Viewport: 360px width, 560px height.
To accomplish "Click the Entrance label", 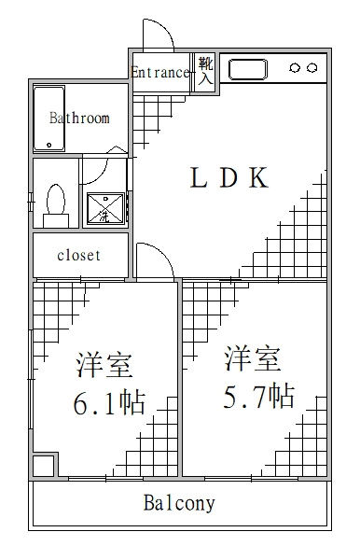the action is click(160, 73).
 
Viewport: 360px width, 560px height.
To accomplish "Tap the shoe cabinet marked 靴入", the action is click(205, 72).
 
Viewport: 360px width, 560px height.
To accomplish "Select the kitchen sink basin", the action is click(248, 70).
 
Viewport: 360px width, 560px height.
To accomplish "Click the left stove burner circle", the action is click(296, 67).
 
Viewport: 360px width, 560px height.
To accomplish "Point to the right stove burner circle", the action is click(312, 67).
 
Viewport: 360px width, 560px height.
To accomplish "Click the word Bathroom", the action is click(79, 118).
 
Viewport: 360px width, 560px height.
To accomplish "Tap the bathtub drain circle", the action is click(49, 145).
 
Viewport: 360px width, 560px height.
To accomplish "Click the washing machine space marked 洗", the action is click(105, 209).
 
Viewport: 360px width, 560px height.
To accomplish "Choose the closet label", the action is click(79, 255).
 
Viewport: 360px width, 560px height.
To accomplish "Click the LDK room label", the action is click(229, 177).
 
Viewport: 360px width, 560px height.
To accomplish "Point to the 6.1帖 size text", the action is click(109, 403).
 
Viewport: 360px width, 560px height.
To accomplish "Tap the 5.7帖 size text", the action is click(258, 396).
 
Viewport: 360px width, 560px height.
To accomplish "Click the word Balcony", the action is click(179, 503).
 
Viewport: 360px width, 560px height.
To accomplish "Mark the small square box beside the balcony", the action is click(44, 465).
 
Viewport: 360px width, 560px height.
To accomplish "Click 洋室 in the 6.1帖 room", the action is click(104, 365).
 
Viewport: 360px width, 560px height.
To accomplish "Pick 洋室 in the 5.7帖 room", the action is click(253, 358).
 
